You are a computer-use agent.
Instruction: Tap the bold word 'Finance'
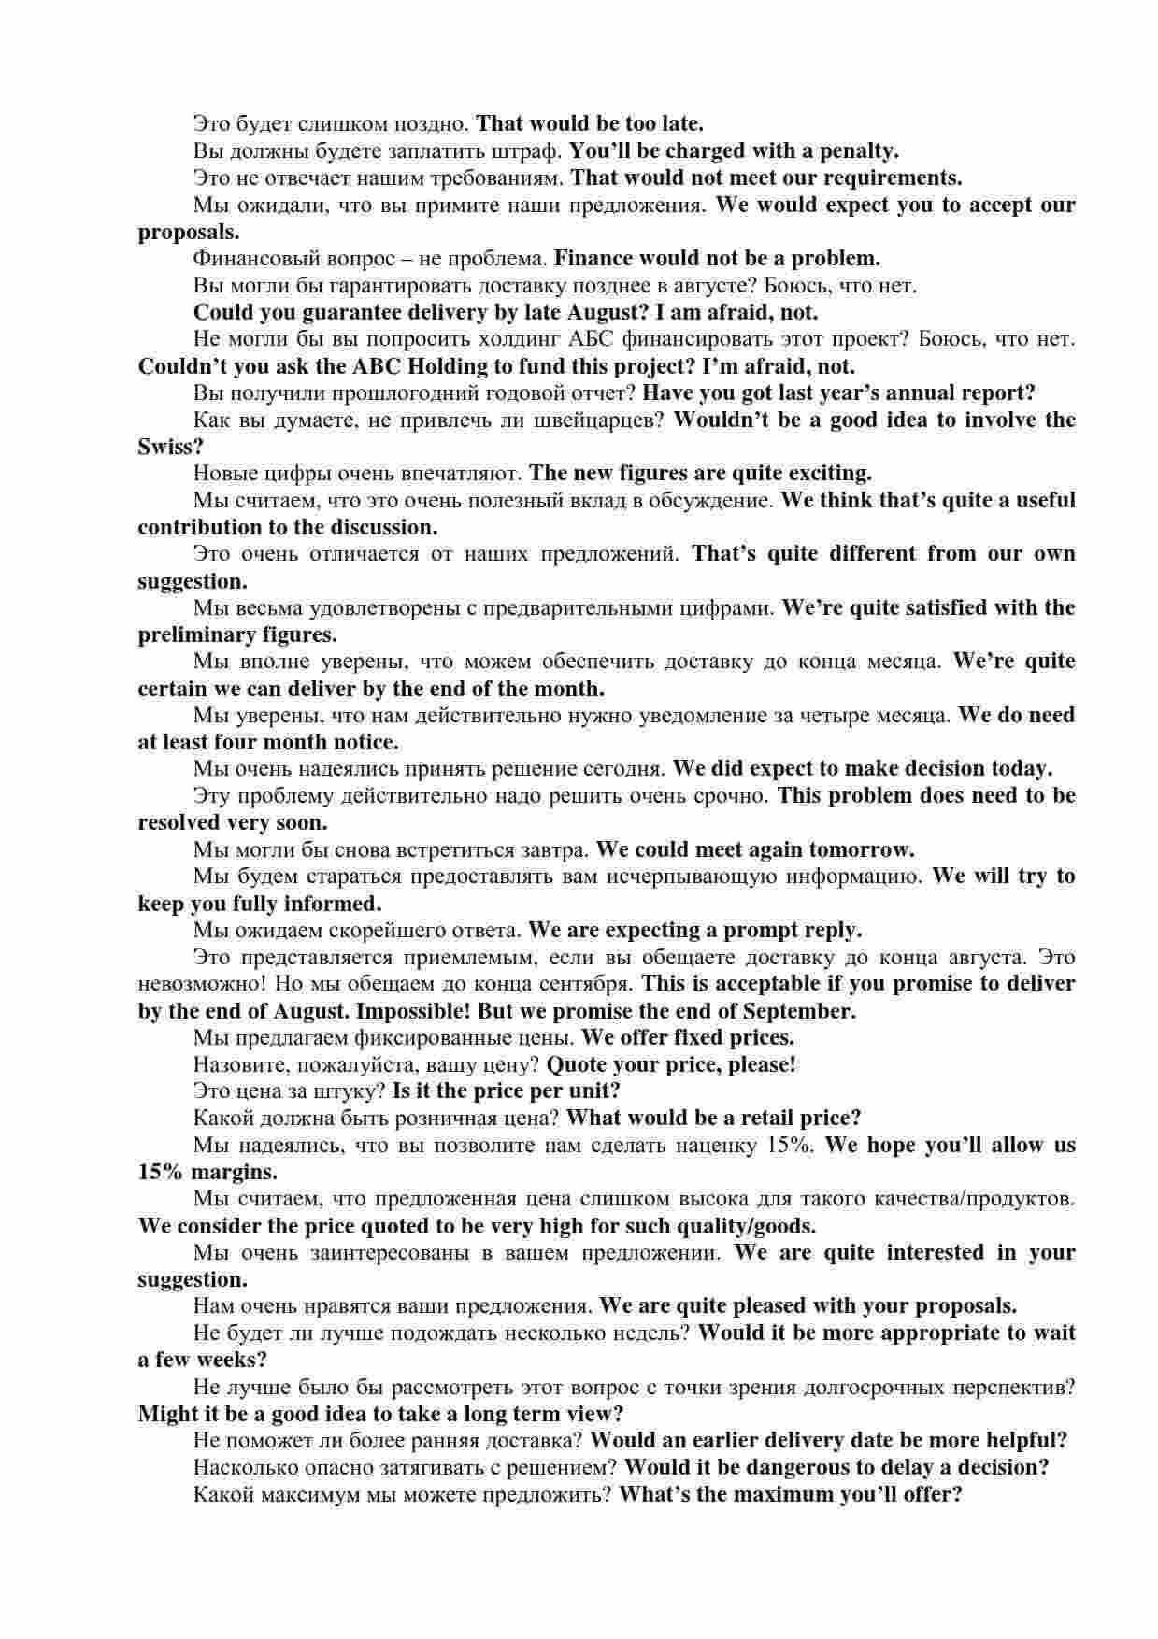coord(595,258)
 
